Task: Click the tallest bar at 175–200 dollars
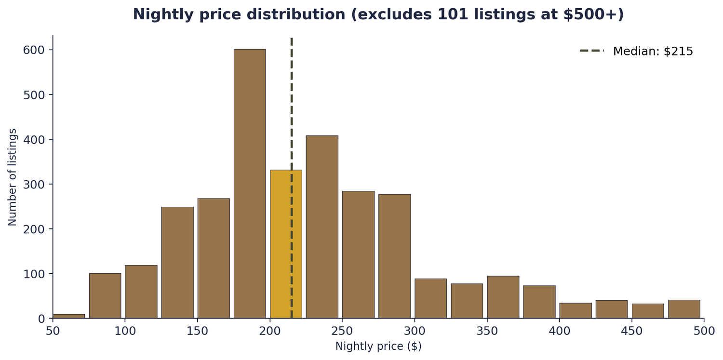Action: pos(250,183)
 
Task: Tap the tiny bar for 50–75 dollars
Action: pos(68,316)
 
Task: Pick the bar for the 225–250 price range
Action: pos(322,227)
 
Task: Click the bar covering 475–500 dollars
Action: pos(684,309)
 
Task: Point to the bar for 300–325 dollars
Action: pos(430,298)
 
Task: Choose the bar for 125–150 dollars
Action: pos(177,263)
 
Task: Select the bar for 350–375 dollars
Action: pos(503,297)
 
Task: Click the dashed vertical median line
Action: pos(292,96)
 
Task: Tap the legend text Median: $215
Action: pos(653,51)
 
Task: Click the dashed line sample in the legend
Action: pos(591,51)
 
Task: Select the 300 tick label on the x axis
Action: pos(415,332)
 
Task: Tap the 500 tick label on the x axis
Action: pos(704,332)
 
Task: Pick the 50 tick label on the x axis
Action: pos(53,332)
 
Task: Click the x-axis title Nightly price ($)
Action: pos(378,347)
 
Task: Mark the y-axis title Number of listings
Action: pos(13,177)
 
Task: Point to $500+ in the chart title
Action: pos(594,14)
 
